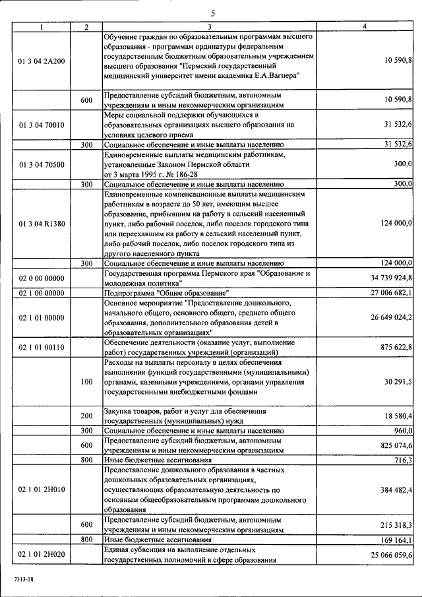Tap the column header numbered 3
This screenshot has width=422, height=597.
(x=209, y=26)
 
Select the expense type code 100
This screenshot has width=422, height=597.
(x=86, y=382)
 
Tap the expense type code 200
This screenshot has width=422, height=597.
(x=86, y=416)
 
